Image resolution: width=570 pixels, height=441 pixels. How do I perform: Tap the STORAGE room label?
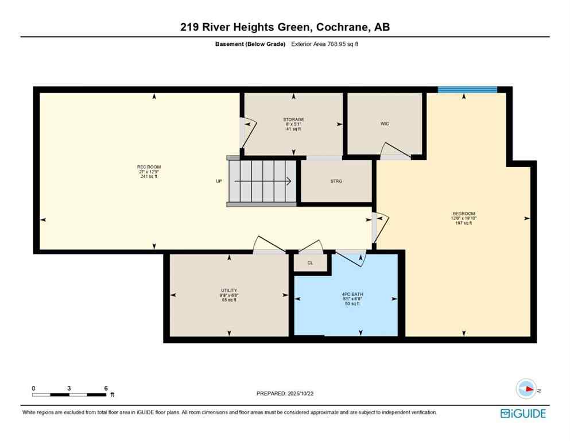[x=293, y=119]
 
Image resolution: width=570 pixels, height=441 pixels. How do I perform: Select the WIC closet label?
[x=385, y=123]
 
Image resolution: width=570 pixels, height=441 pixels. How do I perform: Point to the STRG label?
[x=336, y=181]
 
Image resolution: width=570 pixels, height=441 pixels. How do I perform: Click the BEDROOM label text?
[x=463, y=214]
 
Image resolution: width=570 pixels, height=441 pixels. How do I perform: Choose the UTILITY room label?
[x=228, y=290]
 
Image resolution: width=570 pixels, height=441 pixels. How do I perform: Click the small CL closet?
[x=310, y=262]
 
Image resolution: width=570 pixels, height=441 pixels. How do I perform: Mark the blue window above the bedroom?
[x=467, y=90]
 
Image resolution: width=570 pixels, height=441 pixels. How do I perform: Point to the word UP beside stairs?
[x=219, y=181]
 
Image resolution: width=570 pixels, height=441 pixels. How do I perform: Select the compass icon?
[x=525, y=389]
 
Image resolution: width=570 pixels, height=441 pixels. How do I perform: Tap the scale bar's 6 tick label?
[x=106, y=388]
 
